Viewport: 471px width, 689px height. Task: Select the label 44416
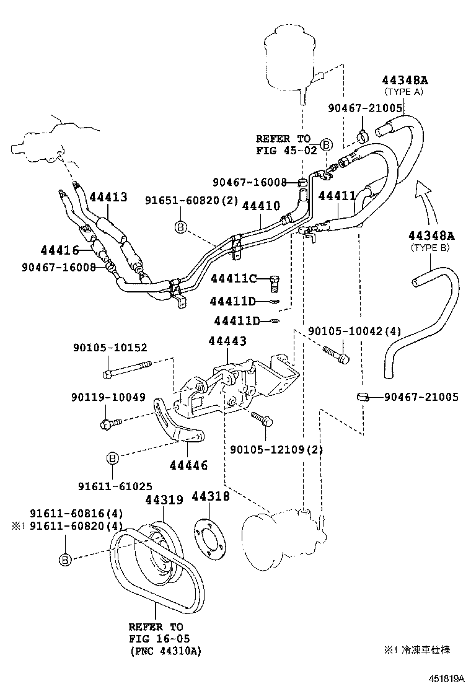point(59,250)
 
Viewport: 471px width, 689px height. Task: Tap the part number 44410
point(260,206)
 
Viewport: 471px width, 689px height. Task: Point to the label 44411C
point(233,279)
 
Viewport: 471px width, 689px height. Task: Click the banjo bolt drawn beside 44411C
point(275,283)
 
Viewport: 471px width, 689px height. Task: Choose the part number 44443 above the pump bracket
point(227,341)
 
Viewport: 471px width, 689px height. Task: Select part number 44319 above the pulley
point(164,499)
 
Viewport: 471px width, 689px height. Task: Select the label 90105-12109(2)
point(276,449)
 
